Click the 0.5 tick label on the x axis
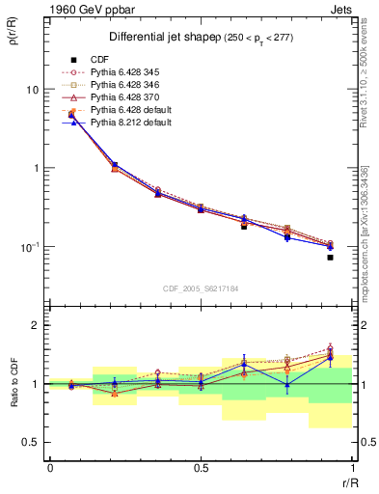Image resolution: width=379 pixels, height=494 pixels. point(201,466)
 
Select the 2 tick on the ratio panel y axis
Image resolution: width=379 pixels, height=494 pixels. point(37,326)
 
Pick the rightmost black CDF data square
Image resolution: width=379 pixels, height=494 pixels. point(330,258)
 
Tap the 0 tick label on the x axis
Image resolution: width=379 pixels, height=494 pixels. point(49,466)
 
